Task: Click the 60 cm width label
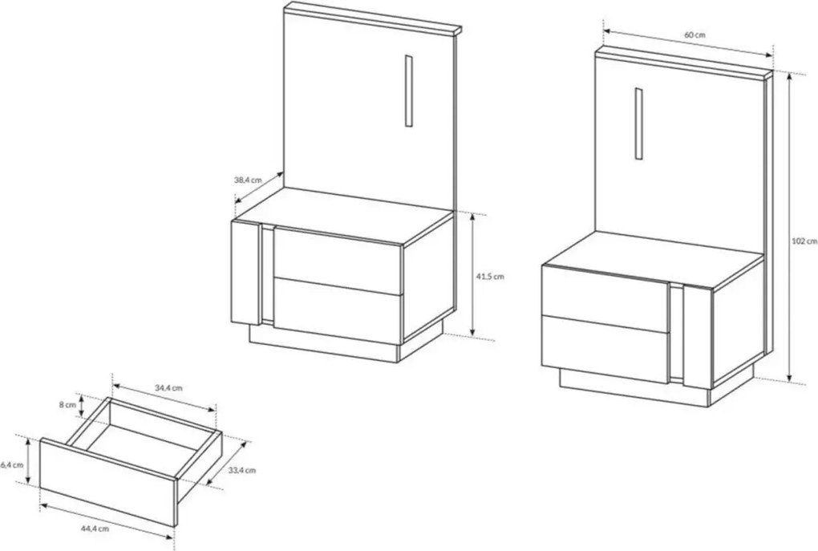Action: [x=694, y=35]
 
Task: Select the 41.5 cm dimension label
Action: [x=490, y=277]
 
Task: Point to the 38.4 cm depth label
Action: [x=247, y=180]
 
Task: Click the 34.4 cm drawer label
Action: [x=168, y=387]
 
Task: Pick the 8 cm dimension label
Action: [x=67, y=404]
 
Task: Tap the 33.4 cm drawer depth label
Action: [x=242, y=470]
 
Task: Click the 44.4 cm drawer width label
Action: [x=95, y=528]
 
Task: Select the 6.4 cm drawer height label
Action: [x=12, y=464]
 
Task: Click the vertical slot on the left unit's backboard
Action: [x=408, y=91]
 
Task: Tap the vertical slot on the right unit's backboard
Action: [x=638, y=124]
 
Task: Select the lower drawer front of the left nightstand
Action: [x=338, y=311]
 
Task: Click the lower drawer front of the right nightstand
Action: [x=605, y=349]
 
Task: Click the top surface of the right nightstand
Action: [x=653, y=259]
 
